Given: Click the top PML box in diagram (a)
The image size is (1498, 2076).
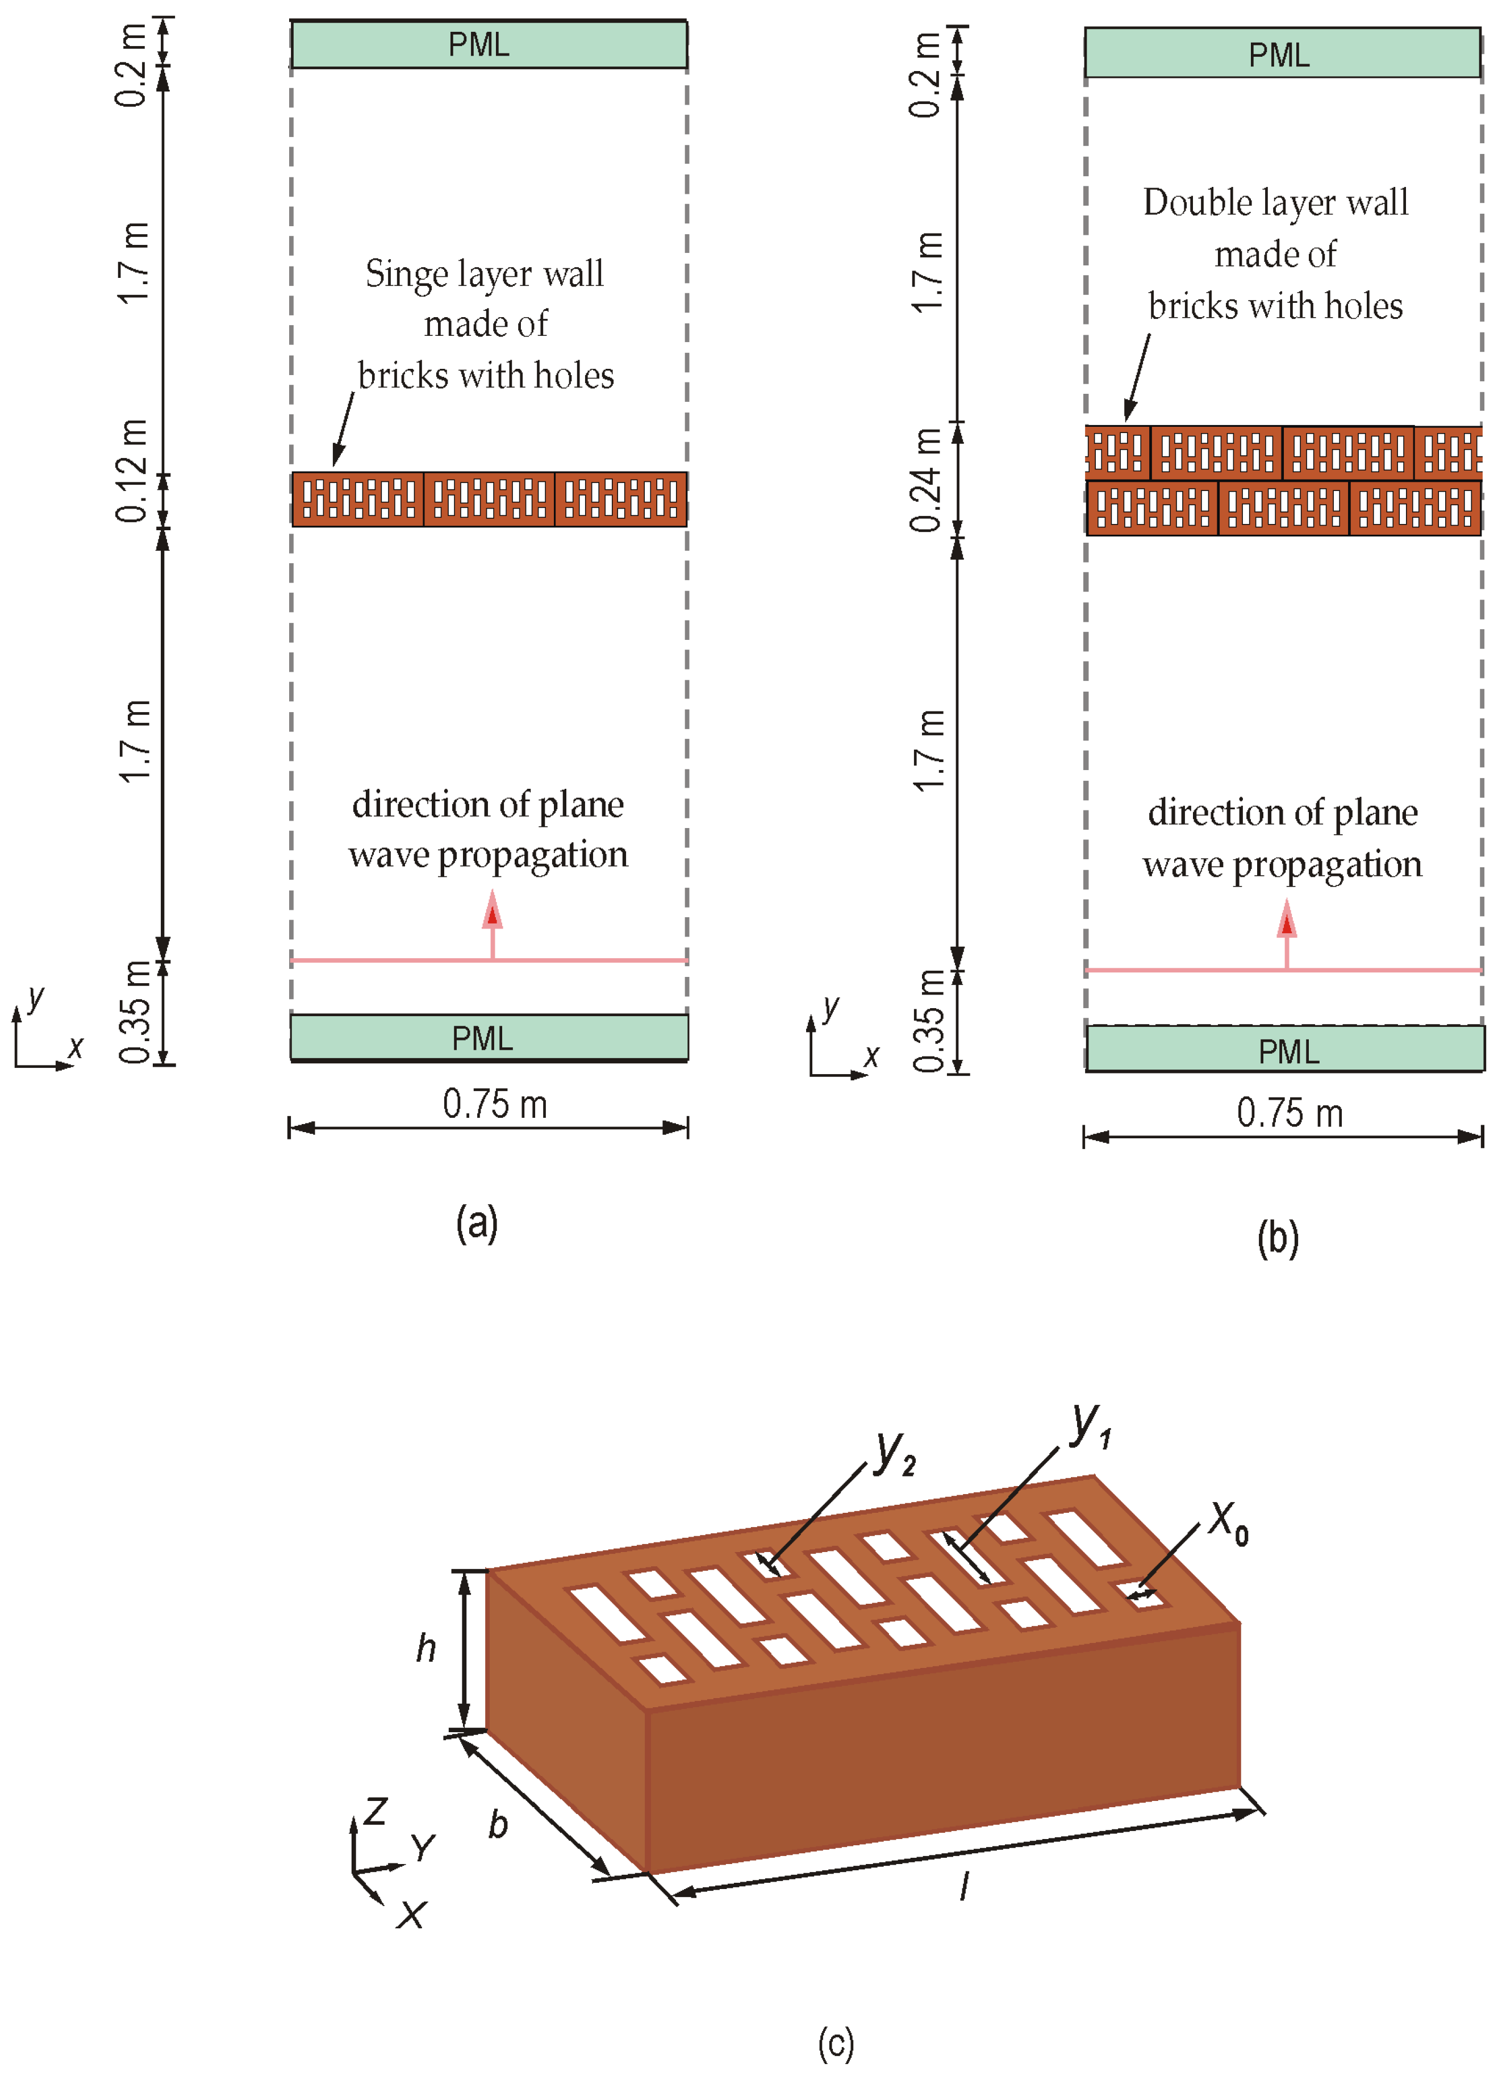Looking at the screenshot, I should click(489, 44).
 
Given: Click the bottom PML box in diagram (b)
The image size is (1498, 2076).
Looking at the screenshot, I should click(1285, 1050).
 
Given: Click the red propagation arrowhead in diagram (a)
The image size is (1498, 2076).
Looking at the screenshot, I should click(493, 912).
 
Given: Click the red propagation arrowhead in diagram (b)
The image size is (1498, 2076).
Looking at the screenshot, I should click(1287, 921).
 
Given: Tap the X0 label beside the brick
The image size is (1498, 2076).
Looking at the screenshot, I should click(1227, 1522).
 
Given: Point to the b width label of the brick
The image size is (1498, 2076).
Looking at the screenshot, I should click(497, 1824).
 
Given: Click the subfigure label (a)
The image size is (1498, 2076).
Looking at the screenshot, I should click(477, 1223).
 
